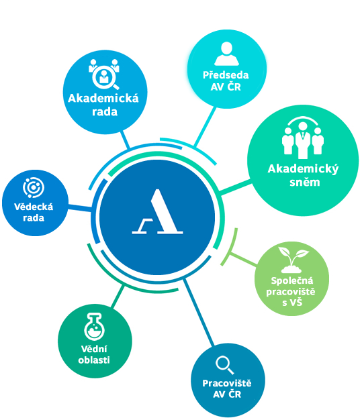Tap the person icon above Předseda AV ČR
tap(226, 54)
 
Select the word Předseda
tap(226, 74)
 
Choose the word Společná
tap(292, 280)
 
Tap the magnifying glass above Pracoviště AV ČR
tap(224, 365)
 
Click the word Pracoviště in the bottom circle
tap(227, 383)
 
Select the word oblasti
tap(94, 360)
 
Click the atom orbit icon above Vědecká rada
tap(34, 187)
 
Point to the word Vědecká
tap(34, 207)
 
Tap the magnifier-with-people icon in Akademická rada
tap(104, 74)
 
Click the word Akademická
tap(103, 99)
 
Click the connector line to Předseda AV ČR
tap(205, 127)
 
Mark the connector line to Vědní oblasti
tap(118, 297)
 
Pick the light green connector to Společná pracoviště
tap(243, 259)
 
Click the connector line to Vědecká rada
tap(80, 208)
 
